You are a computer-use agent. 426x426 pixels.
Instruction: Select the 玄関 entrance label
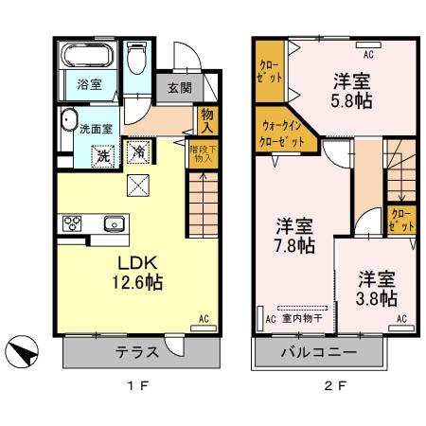(179, 87)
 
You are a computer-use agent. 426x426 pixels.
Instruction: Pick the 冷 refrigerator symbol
(138, 151)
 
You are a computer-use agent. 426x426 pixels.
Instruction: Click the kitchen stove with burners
(72, 224)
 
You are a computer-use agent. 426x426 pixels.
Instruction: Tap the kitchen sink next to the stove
(113, 224)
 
